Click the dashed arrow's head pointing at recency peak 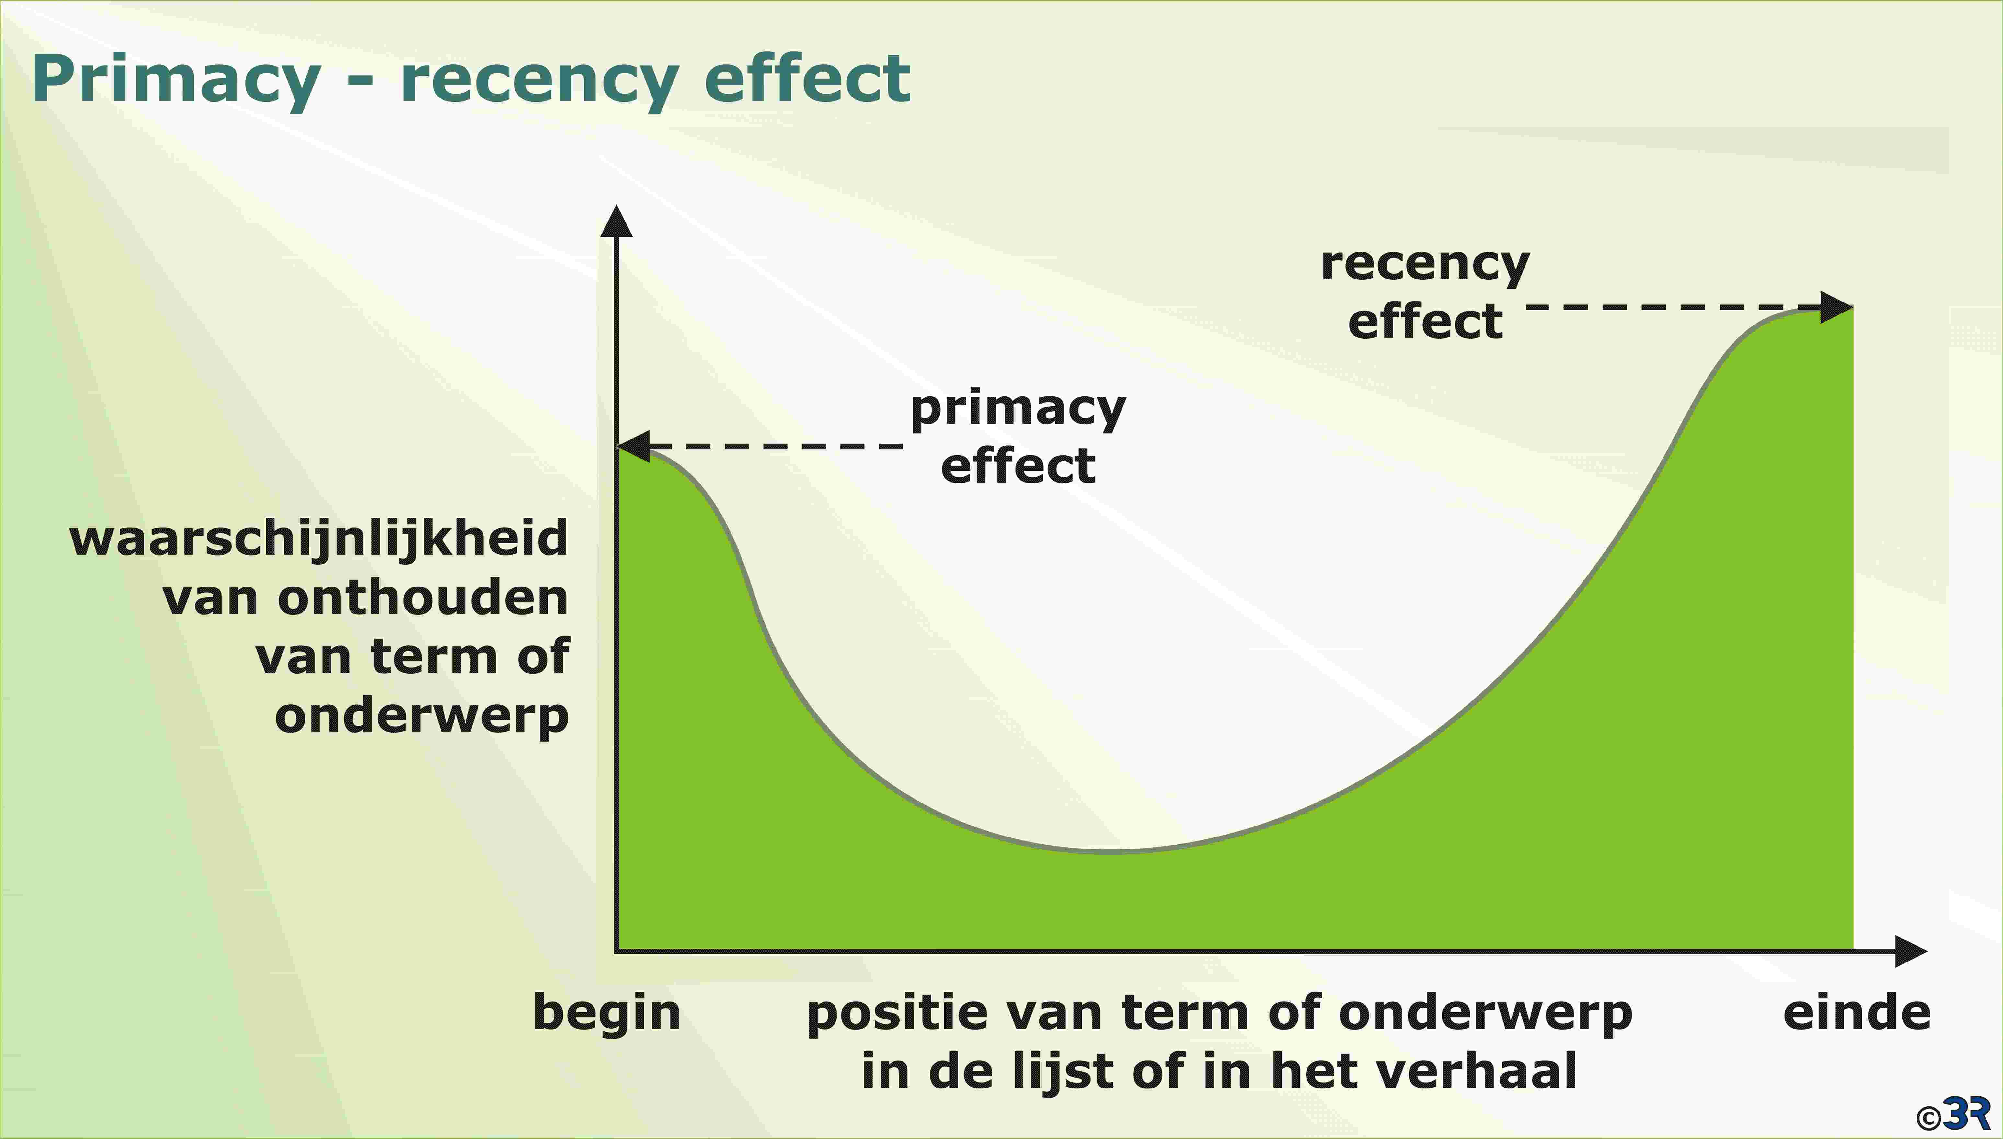(x=1837, y=307)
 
